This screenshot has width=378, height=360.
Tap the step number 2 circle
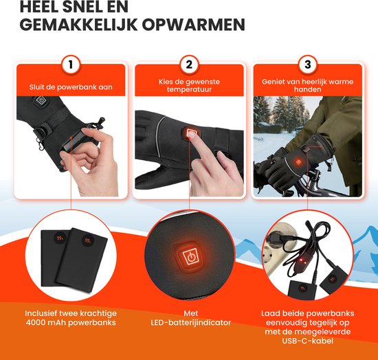(x=188, y=66)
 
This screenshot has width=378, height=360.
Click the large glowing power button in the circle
(x=189, y=258)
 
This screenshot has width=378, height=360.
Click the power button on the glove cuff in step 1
(x=41, y=103)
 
